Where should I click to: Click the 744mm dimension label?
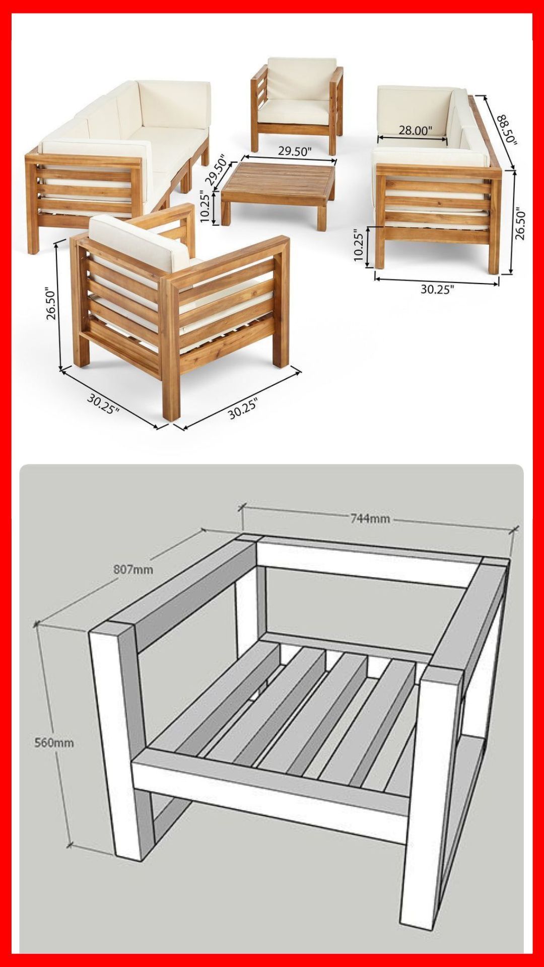coord(370,518)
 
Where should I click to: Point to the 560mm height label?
coord(54,742)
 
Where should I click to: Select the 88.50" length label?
coord(507,130)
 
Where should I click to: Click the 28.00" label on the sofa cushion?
coord(416,130)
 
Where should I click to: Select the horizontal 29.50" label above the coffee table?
coord(295,151)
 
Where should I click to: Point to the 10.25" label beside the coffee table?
coord(205,206)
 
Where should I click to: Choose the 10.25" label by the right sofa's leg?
coord(359,246)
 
